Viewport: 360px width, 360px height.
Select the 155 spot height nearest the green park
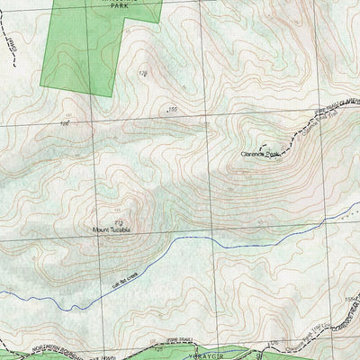(173, 109)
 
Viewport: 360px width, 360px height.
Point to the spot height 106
(65, 123)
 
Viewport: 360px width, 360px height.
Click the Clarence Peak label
(261, 154)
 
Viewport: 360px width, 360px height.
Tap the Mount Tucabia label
(112, 230)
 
